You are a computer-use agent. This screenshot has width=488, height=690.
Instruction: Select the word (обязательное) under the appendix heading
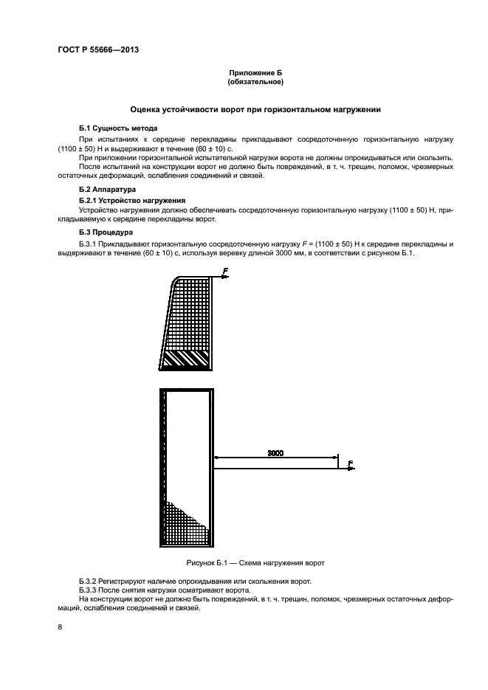(255, 83)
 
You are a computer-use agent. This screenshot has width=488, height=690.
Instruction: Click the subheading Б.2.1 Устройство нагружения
(128, 201)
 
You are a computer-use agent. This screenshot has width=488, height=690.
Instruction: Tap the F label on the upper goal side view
(224, 272)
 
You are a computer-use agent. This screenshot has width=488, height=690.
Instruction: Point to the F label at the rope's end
(349, 463)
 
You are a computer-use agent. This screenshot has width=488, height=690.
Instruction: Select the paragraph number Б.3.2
(89, 582)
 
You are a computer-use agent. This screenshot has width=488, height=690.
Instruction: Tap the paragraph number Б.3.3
(89, 590)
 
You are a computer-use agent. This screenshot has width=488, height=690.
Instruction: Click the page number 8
(61, 627)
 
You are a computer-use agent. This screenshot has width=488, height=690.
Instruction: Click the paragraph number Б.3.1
(89, 244)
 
